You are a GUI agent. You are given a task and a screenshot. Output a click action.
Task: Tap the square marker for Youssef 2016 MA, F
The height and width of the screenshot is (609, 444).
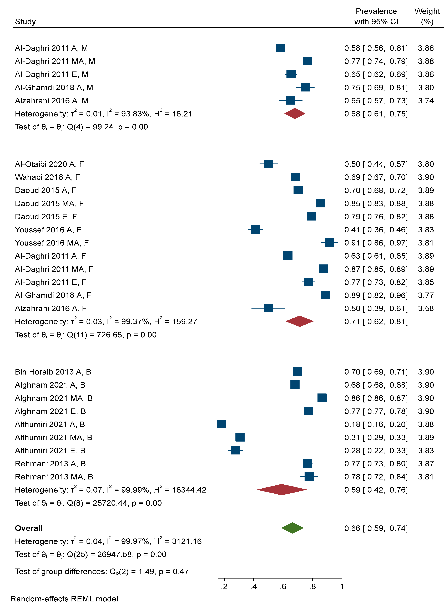tap(329, 243)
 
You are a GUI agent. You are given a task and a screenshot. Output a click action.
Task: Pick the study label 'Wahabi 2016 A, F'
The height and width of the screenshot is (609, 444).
tap(47, 177)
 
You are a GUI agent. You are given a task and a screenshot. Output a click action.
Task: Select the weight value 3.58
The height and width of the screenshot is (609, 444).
tap(426, 308)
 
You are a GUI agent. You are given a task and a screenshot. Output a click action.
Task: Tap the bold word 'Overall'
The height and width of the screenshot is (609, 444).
tap(29, 528)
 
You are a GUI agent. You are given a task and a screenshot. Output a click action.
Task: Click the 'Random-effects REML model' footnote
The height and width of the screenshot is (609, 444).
tap(64, 599)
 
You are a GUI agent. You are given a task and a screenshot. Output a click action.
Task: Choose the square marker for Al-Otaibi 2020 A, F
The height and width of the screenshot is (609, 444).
tap(269, 164)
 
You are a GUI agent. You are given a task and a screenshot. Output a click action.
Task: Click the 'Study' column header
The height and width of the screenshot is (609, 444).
tap(25, 22)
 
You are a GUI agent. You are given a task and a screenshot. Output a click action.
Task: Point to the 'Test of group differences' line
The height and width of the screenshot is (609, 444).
tap(102, 571)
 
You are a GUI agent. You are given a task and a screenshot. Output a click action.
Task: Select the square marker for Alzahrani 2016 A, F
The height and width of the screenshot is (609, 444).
tap(268, 308)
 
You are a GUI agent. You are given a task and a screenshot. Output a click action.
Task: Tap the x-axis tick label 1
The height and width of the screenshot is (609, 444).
tap(342, 587)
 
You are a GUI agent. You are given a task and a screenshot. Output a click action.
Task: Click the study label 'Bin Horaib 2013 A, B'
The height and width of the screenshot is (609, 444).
tap(53, 372)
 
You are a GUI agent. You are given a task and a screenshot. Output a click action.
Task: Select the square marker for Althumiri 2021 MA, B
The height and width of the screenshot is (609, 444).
tap(240, 437)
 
